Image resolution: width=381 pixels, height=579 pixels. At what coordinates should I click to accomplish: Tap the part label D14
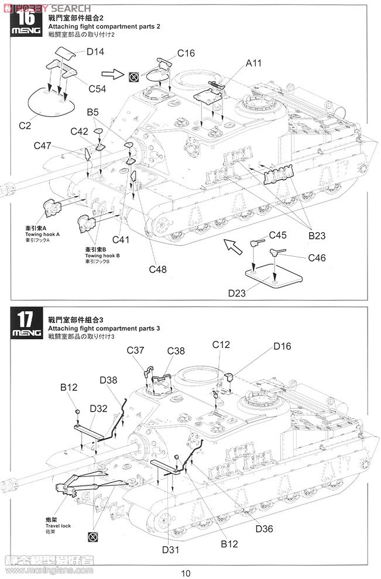pyautogui.click(x=95, y=52)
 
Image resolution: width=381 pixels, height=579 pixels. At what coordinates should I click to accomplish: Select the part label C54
pyautogui.click(x=99, y=88)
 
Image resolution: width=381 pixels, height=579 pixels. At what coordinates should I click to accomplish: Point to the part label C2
pyautogui.click(x=25, y=125)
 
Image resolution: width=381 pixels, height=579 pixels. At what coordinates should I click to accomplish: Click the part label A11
pyautogui.click(x=254, y=63)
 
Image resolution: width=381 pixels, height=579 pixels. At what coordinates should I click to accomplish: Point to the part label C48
pyautogui.click(x=158, y=269)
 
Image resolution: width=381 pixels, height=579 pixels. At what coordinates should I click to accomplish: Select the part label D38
pyautogui.click(x=108, y=380)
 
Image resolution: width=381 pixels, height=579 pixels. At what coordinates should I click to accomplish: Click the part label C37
pyautogui.click(x=135, y=350)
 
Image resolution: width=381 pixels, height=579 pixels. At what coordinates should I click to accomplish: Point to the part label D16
pyautogui.click(x=282, y=347)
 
